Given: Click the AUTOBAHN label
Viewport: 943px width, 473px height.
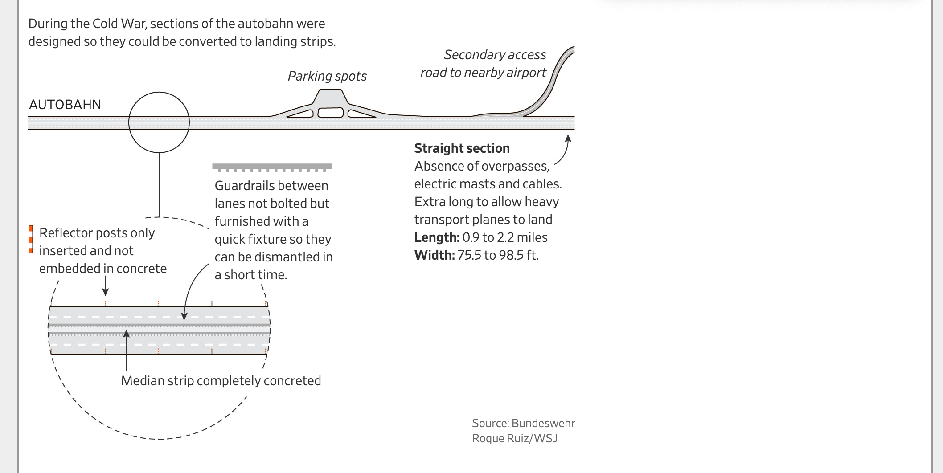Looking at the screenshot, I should (x=65, y=105).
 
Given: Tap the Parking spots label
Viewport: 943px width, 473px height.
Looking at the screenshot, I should (x=327, y=76).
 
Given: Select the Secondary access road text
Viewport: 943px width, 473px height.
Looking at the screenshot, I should (x=484, y=64).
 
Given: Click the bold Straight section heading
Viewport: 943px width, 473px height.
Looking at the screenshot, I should (x=462, y=148).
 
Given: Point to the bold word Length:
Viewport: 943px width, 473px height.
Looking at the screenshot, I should (x=437, y=237).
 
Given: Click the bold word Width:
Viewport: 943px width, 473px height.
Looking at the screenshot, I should (x=435, y=255).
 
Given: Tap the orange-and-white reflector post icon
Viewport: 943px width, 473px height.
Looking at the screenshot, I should (x=31, y=239).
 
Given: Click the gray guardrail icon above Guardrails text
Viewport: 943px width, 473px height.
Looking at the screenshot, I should (x=272, y=167).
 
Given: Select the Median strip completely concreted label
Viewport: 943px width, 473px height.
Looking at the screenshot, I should (x=221, y=381).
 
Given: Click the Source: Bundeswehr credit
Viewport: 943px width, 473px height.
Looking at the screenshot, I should (x=523, y=423).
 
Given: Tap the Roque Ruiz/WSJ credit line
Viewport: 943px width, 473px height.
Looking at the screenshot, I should (x=515, y=438).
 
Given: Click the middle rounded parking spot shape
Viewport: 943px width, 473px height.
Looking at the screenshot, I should (x=331, y=112).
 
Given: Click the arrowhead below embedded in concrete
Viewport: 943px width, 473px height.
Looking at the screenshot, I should (x=105, y=292).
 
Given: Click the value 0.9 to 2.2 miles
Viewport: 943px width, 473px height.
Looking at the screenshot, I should (x=505, y=237).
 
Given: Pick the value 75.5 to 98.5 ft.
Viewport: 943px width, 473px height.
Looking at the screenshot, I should (x=498, y=255).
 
